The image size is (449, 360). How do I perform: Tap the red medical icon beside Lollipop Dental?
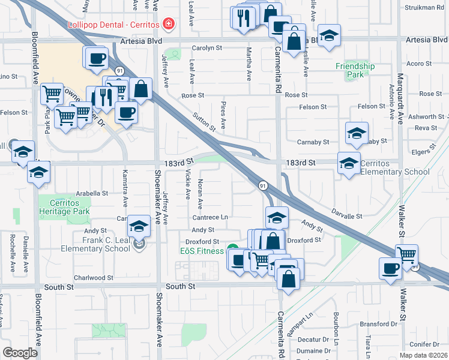coord(169,24)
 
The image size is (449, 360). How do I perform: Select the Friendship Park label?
coord(355,71)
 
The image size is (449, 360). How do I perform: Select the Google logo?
coord(20,352)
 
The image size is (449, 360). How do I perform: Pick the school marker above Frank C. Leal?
coord(139,226)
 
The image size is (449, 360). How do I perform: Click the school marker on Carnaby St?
coord(357,134)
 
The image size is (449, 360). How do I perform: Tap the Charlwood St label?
coord(93,278)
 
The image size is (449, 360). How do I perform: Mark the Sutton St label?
coord(204,121)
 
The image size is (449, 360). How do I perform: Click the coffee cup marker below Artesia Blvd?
coord(97,59)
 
